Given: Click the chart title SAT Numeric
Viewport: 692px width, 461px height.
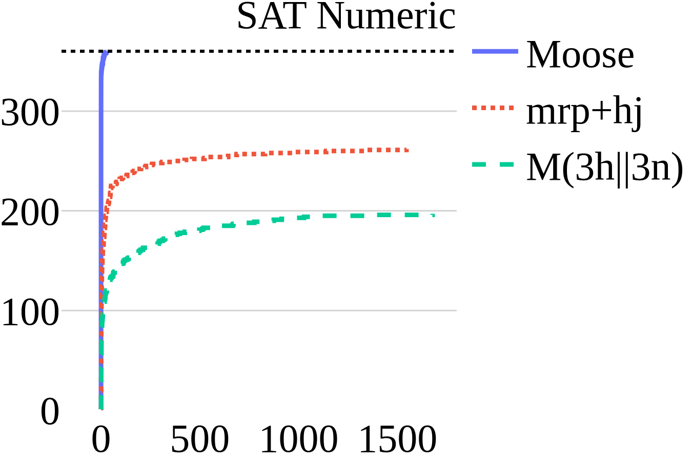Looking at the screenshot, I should pos(346,16).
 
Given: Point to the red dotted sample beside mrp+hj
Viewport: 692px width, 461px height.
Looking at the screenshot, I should pos(492,108).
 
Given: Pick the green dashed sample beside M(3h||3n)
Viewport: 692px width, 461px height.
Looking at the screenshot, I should pos(492,164).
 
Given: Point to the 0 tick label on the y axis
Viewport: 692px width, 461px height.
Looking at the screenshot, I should pos(50,411).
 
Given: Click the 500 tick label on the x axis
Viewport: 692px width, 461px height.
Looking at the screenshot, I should pos(199,439).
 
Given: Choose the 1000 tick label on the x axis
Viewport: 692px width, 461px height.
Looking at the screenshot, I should pos(299,439).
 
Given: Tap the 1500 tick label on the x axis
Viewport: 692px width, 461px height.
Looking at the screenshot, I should pos(398,439).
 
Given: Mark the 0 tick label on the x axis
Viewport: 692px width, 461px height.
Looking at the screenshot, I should pos(101,439).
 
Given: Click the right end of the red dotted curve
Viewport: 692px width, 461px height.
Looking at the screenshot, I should pos(407,150).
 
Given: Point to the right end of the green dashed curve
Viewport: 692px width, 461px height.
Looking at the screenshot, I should pos(433,215).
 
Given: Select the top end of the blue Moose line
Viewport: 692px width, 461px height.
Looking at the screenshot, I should pos(106,53).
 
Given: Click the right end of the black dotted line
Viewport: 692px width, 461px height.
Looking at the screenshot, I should pos(454,51).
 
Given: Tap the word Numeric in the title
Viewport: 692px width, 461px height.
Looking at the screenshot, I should pos(386,16).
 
